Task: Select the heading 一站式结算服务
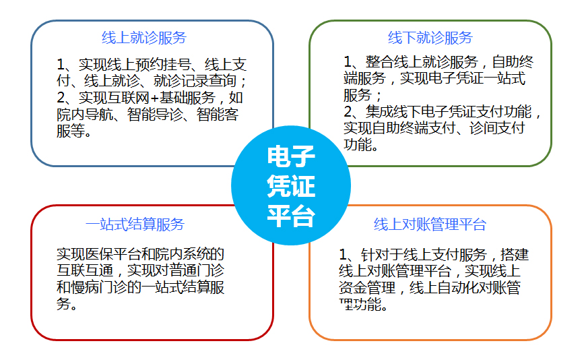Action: (135, 224)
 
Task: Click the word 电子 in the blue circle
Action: (291, 158)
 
